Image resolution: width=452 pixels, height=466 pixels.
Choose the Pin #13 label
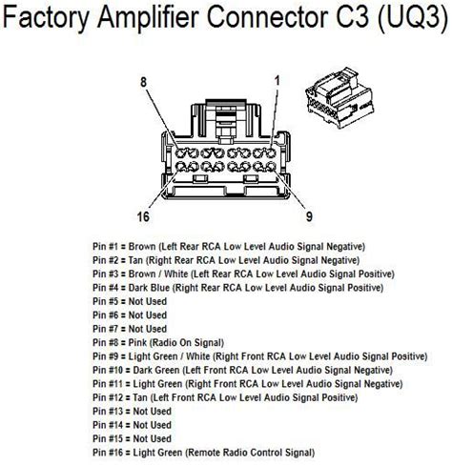coord(114,410)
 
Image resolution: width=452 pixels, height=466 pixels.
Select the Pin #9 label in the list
coord(112,355)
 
